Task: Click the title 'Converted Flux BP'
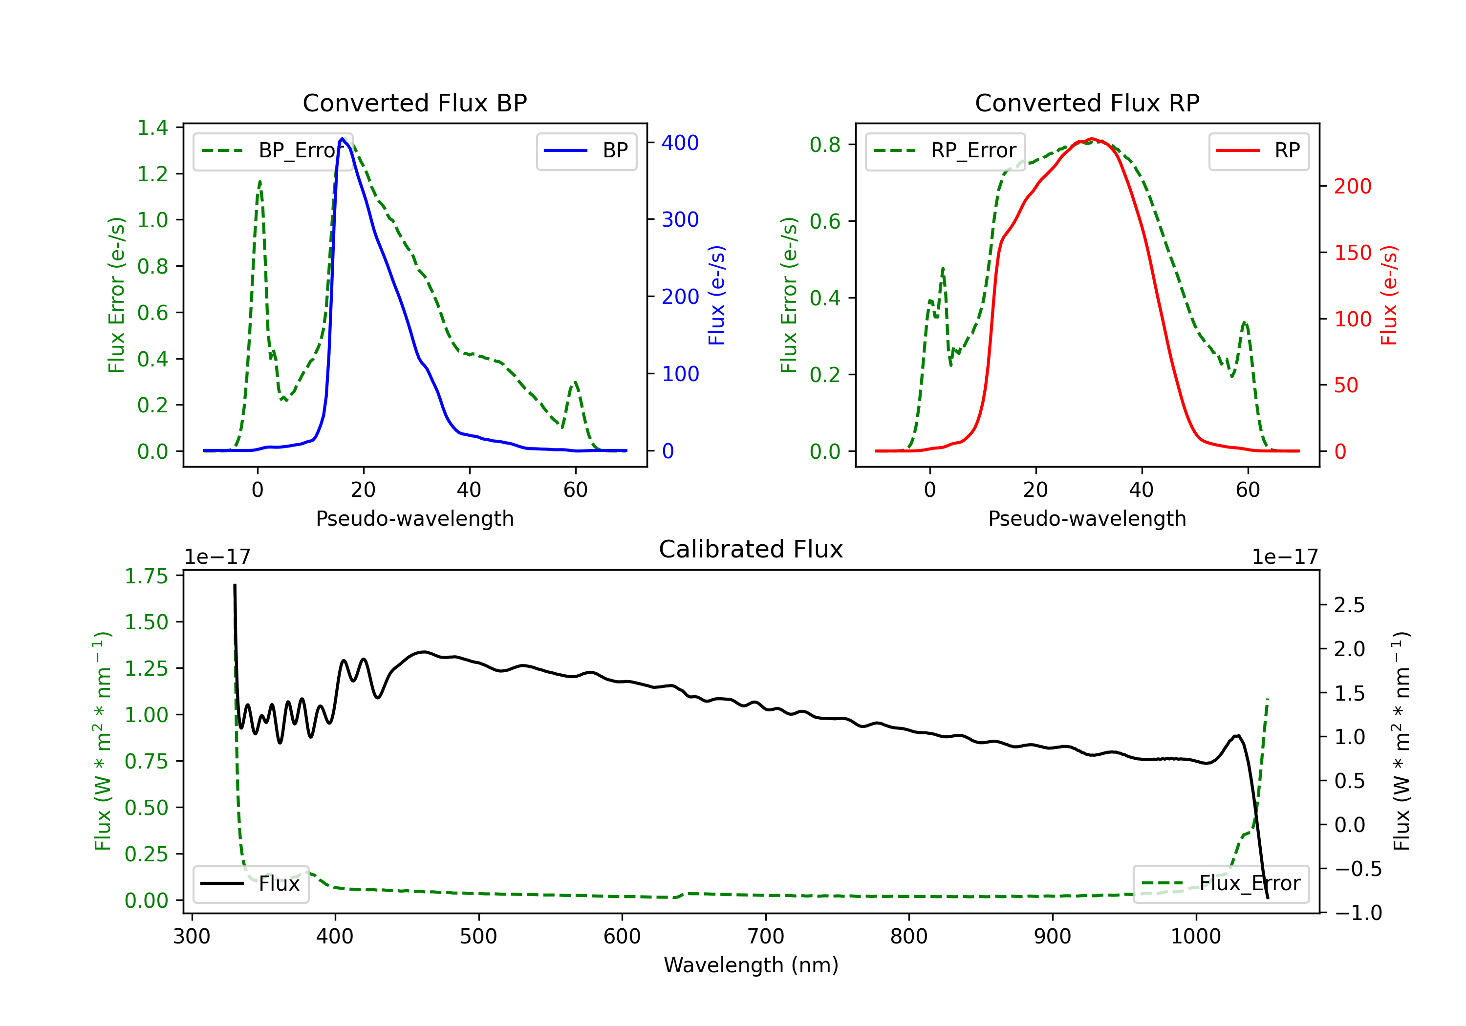click(414, 103)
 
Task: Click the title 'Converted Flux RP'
click(1087, 103)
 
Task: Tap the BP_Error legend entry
click(273, 150)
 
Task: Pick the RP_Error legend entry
click(945, 150)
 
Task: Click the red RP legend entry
click(1258, 150)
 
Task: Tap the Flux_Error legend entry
click(1221, 884)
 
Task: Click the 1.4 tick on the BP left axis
click(152, 128)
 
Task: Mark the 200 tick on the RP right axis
click(1352, 187)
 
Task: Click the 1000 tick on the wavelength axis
click(1195, 937)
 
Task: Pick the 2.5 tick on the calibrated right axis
click(1349, 605)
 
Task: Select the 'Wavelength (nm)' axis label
click(751, 965)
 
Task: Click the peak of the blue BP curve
click(342, 139)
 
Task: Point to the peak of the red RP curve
click(1092, 139)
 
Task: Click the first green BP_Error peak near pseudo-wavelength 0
click(260, 182)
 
